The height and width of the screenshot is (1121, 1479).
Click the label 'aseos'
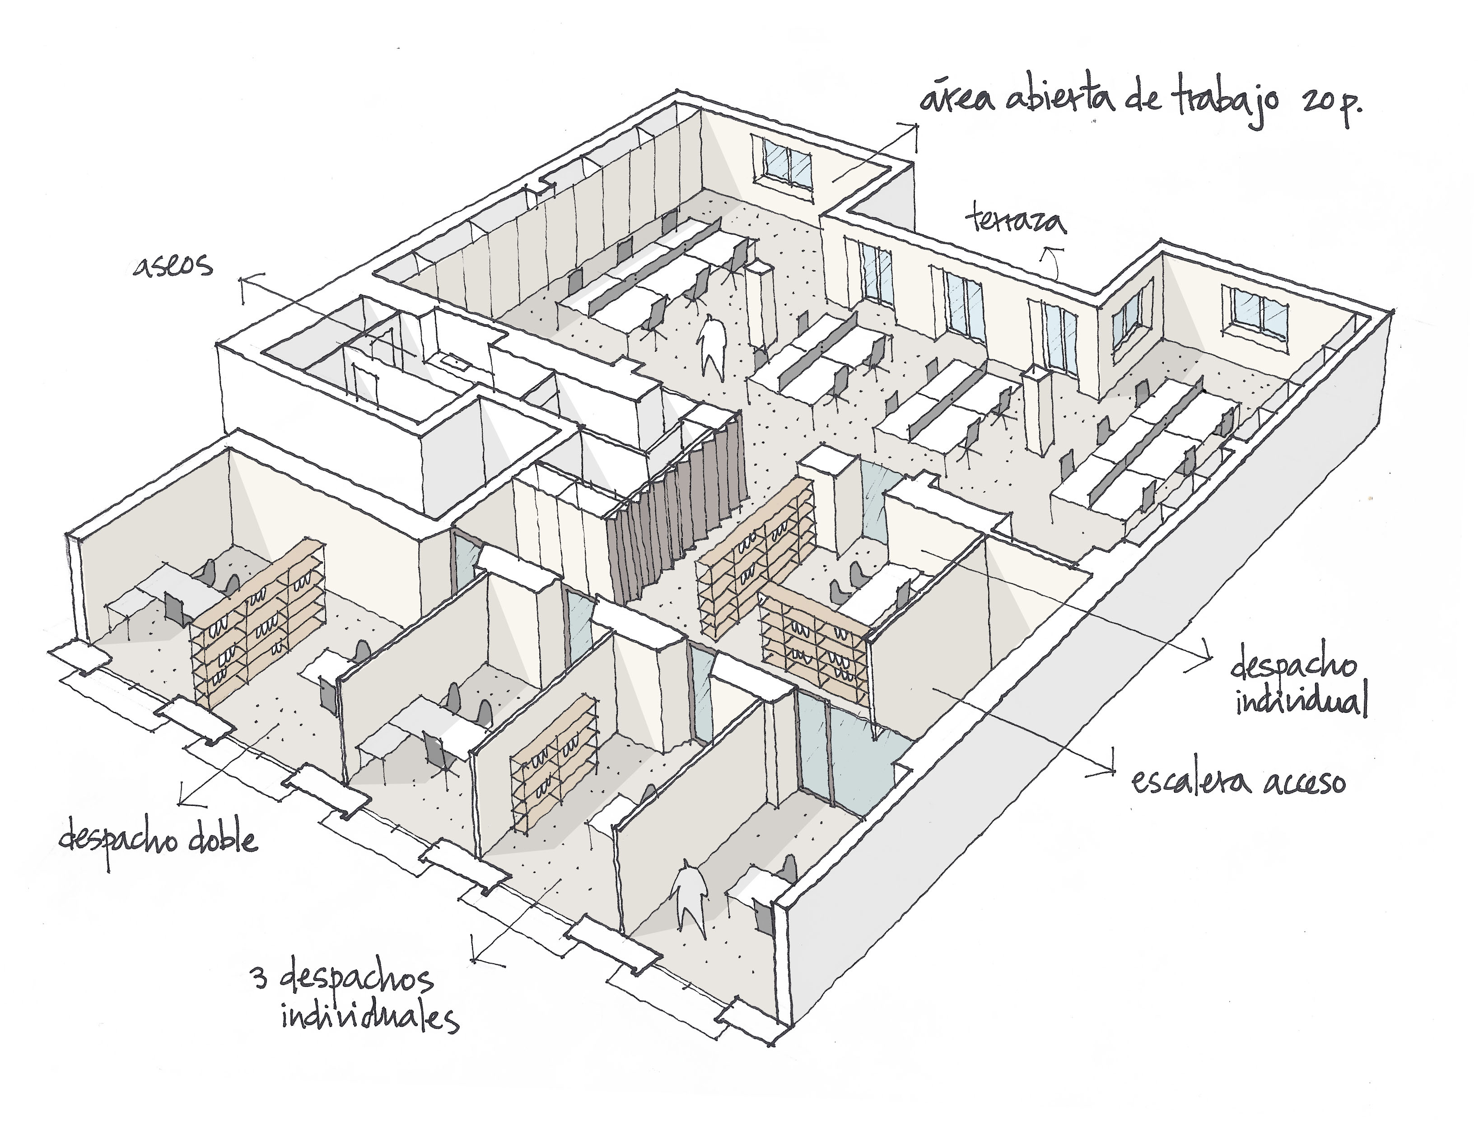point(173,266)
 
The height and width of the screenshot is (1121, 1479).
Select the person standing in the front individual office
point(689,896)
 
